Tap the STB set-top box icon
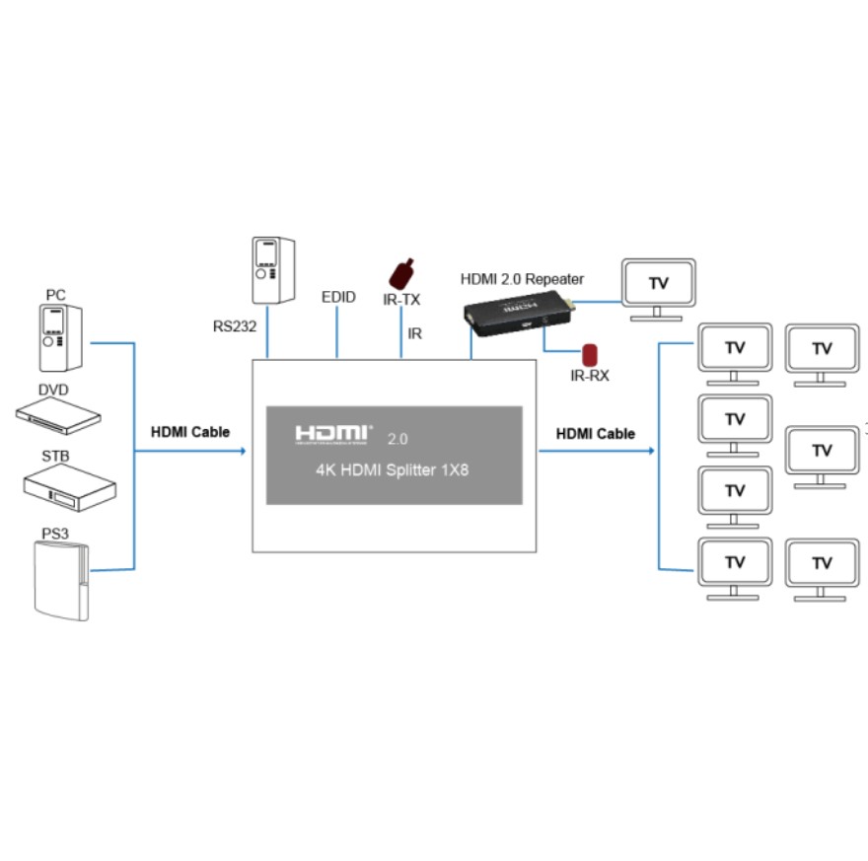[70, 481]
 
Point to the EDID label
[338, 297]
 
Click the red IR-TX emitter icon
[402, 272]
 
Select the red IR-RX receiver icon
[590, 354]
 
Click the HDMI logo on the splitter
[333, 434]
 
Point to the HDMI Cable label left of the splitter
[190, 432]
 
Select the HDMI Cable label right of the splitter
[596, 434]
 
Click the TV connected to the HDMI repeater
[658, 287]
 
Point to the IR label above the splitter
[414, 334]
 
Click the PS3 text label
[55, 534]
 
